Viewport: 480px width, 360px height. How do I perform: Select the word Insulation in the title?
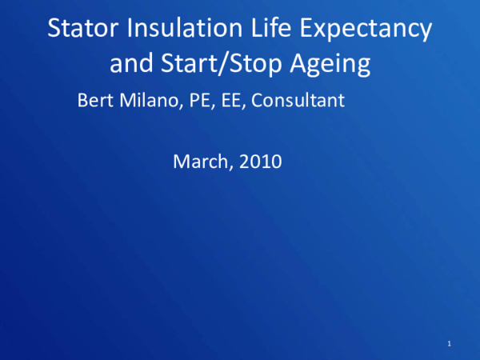(x=178, y=29)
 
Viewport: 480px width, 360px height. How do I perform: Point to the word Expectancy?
(x=368, y=30)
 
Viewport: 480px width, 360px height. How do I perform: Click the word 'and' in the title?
(x=129, y=63)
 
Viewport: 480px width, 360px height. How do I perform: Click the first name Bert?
(x=94, y=102)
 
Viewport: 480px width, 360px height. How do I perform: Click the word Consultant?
(x=298, y=102)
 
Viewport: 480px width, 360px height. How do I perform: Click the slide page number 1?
(x=450, y=344)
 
